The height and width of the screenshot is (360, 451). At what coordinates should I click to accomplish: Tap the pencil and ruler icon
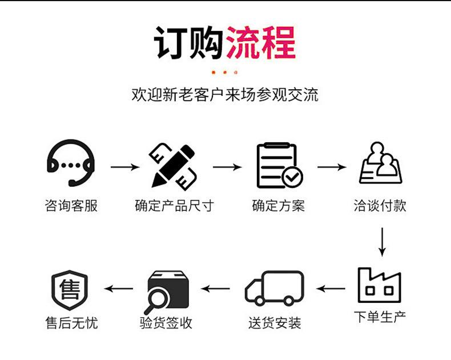(x=174, y=166)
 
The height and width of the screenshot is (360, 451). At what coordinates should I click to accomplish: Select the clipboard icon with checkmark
(x=279, y=166)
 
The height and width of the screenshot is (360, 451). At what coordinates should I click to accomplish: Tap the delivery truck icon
(x=274, y=289)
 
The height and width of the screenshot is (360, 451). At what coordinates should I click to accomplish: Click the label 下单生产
(x=380, y=317)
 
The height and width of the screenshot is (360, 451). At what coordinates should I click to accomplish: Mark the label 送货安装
(x=274, y=323)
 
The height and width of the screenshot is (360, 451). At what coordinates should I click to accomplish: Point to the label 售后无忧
(x=71, y=323)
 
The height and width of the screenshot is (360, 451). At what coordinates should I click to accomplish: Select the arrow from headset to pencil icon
(x=124, y=167)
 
